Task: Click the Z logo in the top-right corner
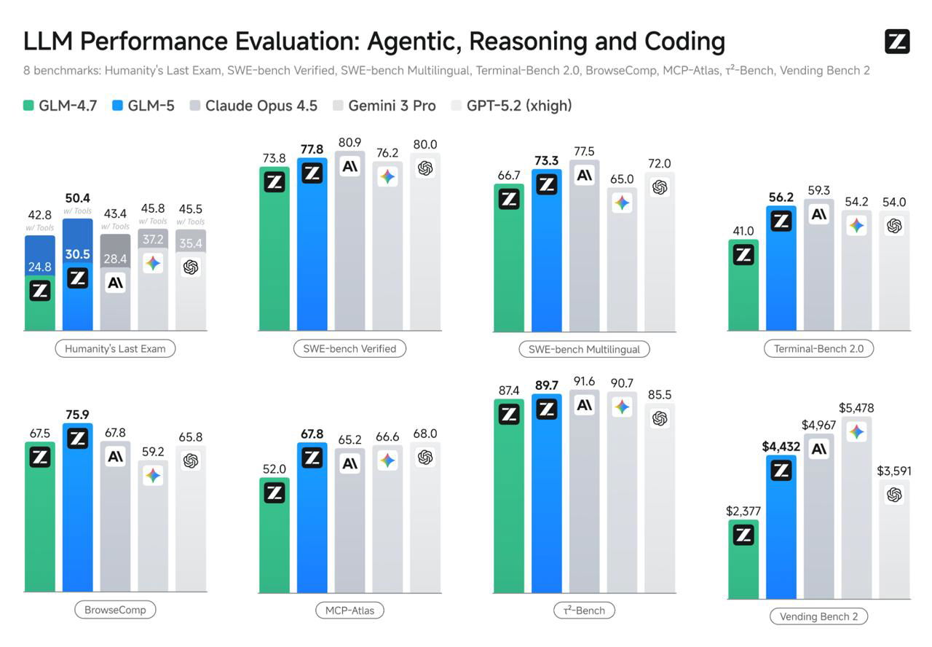click(897, 42)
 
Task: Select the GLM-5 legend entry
click(143, 106)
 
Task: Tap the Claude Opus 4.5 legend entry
click(253, 106)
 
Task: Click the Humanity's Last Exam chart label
click(115, 348)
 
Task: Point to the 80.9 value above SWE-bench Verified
click(349, 144)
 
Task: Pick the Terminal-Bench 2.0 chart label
click(818, 348)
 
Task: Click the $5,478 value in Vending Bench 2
click(856, 408)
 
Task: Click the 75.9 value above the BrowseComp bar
click(77, 415)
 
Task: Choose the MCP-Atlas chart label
click(349, 610)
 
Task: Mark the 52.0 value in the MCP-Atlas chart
click(275, 469)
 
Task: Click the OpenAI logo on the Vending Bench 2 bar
click(894, 495)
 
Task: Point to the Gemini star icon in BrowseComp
click(153, 476)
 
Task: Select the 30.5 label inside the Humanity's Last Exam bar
click(77, 254)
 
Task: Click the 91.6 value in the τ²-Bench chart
click(584, 381)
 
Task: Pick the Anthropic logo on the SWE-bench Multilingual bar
click(584, 175)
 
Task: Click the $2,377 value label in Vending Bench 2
click(743, 511)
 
